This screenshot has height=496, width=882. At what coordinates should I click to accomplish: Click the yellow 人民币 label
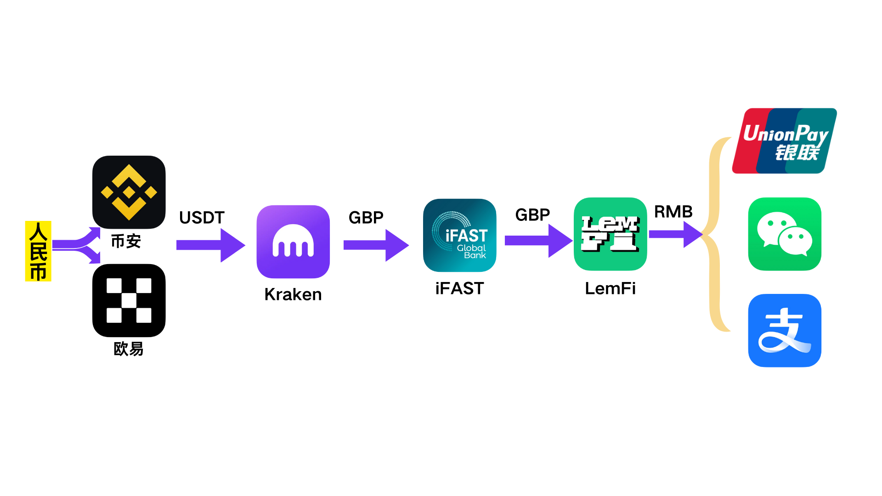click(x=38, y=251)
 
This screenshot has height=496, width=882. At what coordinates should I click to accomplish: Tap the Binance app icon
click(x=129, y=192)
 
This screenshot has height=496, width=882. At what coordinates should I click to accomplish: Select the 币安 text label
click(x=126, y=241)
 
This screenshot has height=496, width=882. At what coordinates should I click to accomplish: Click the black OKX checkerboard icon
click(x=129, y=300)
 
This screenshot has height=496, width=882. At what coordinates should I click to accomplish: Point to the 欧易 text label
click(x=129, y=349)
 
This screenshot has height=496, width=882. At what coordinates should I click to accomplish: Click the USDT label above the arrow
click(x=202, y=218)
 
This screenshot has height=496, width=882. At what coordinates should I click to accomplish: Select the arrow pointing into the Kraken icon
click(x=210, y=245)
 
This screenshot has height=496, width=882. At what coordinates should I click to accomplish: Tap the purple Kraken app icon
click(x=293, y=242)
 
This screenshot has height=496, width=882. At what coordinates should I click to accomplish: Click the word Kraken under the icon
click(x=293, y=294)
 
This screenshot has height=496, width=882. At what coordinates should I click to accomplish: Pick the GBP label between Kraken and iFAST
click(x=366, y=218)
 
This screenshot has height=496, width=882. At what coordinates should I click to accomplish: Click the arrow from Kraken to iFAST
click(x=376, y=245)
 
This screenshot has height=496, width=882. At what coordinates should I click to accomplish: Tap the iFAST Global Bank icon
click(x=459, y=235)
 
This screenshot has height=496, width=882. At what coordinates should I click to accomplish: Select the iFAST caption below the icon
click(x=459, y=288)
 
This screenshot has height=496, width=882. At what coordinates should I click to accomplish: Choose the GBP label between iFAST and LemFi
click(x=532, y=215)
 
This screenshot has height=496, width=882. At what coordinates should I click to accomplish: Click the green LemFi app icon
click(x=610, y=234)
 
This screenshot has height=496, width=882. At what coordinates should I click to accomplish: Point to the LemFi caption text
click(x=610, y=288)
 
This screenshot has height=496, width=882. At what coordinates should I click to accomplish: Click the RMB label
click(x=673, y=212)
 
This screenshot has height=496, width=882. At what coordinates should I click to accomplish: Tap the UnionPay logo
click(x=785, y=141)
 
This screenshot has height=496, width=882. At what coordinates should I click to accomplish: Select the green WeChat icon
click(x=785, y=234)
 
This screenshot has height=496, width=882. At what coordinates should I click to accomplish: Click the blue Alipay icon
click(x=785, y=330)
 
